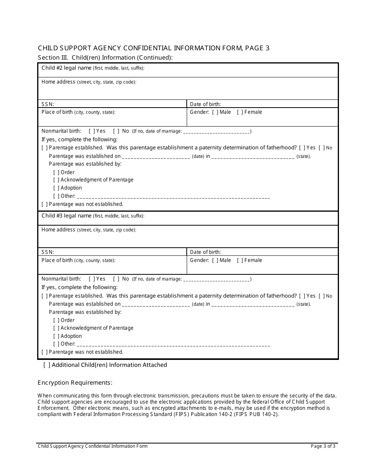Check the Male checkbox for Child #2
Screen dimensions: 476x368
(215, 112)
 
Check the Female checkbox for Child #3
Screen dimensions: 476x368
(240, 260)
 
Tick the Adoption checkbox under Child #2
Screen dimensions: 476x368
(56, 188)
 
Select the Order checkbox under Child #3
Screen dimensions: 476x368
(56, 320)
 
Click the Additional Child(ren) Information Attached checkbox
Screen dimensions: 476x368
(47, 365)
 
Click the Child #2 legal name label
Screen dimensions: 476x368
(67, 68)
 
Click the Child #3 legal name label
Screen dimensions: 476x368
(67, 216)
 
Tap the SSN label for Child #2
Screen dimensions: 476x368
(48, 104)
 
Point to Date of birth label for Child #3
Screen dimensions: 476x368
(205, 252)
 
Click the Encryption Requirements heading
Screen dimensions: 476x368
(75, 383)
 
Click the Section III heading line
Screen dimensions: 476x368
(105, 58)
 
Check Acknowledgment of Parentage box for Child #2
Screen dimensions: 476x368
(56, 180)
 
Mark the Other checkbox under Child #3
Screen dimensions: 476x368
(56, 344)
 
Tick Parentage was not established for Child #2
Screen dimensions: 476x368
(45, 204)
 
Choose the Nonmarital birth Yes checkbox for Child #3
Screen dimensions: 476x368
(91, 279)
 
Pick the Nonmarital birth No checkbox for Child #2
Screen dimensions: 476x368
(116, 131)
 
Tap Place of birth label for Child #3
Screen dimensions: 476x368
(57, 260)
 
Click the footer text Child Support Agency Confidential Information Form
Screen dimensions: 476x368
(93, 446)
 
